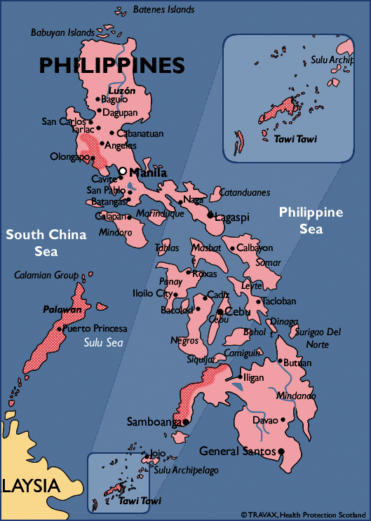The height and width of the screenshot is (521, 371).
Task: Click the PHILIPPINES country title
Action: (112, 66)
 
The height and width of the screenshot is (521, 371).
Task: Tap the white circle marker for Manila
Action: (123, 171)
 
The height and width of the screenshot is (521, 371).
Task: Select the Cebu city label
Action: (239, 311)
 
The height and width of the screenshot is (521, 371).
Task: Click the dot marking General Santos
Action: (281, 451)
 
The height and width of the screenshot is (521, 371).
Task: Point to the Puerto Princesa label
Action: (95, 328)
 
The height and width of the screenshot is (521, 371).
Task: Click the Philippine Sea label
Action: (311, 220)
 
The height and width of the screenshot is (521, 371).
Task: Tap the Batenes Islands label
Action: (164, 10)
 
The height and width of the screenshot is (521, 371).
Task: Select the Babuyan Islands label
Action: (62, 32)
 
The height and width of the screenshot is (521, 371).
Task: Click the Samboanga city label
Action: (154, 422)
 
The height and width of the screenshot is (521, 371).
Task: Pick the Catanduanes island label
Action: (245, 191)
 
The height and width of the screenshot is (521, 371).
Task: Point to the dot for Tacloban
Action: (258, 302)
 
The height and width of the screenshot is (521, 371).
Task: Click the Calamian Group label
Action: (46, 276)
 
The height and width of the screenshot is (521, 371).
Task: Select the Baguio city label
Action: (115, 99)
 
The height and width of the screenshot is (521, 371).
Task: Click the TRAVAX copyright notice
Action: (303, 515)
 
